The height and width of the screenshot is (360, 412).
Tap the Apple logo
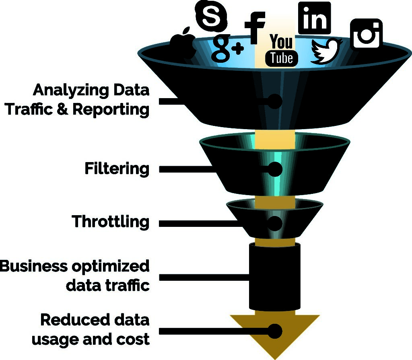(183, 43)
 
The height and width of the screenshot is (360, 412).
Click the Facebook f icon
(254, 28)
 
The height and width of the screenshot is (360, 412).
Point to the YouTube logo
(281, 50)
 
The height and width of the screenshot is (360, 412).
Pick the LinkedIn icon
(315, 18)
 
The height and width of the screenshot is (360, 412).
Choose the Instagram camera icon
(366, 33)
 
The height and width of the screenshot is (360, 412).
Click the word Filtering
(117, 169)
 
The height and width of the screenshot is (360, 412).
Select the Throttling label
(111, 222)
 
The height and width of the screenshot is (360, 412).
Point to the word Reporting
(111, 110)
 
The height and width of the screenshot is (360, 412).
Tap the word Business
(34, 266)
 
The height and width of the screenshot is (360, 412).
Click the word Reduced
(75, 320)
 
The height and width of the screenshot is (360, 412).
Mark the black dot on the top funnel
(274, 101)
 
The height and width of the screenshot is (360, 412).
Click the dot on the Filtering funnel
(275, 169)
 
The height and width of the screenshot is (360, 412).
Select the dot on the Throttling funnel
(275, 223)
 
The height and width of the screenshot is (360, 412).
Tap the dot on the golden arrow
(275, 331)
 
